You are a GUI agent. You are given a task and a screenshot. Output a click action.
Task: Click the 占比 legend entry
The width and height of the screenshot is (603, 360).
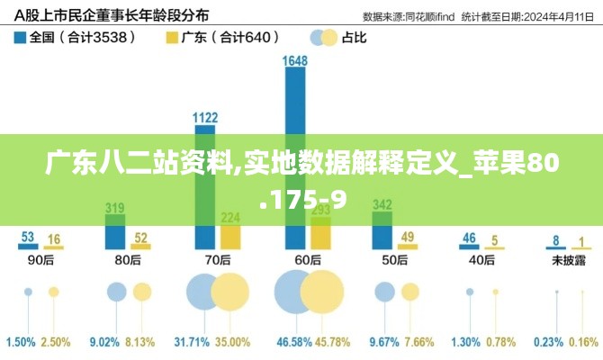pos(337,38)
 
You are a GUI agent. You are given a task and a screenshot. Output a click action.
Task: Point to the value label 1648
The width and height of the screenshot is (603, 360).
pos(294,61)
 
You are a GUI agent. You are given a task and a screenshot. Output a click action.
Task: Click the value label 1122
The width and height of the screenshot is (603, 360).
pos(205,117)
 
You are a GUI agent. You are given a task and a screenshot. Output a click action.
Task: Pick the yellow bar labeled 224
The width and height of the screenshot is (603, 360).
pos(230,236)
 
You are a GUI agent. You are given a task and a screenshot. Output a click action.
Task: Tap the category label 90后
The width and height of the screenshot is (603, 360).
pos(40,260)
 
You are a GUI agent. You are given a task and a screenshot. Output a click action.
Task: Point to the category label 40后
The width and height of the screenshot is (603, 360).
pos(481,260)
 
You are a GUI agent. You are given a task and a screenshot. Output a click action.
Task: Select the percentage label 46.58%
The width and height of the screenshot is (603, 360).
pos(293,343)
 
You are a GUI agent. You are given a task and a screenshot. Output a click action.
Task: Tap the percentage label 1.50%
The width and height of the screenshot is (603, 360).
pos(21,343)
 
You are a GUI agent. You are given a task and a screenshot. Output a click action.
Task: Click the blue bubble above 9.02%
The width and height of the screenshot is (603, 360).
pos(116,292)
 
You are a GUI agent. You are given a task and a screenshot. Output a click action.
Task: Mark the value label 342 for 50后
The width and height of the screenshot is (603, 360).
pos(382,204)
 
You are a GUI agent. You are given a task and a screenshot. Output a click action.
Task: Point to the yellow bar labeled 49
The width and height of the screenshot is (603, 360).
pos(408,247)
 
